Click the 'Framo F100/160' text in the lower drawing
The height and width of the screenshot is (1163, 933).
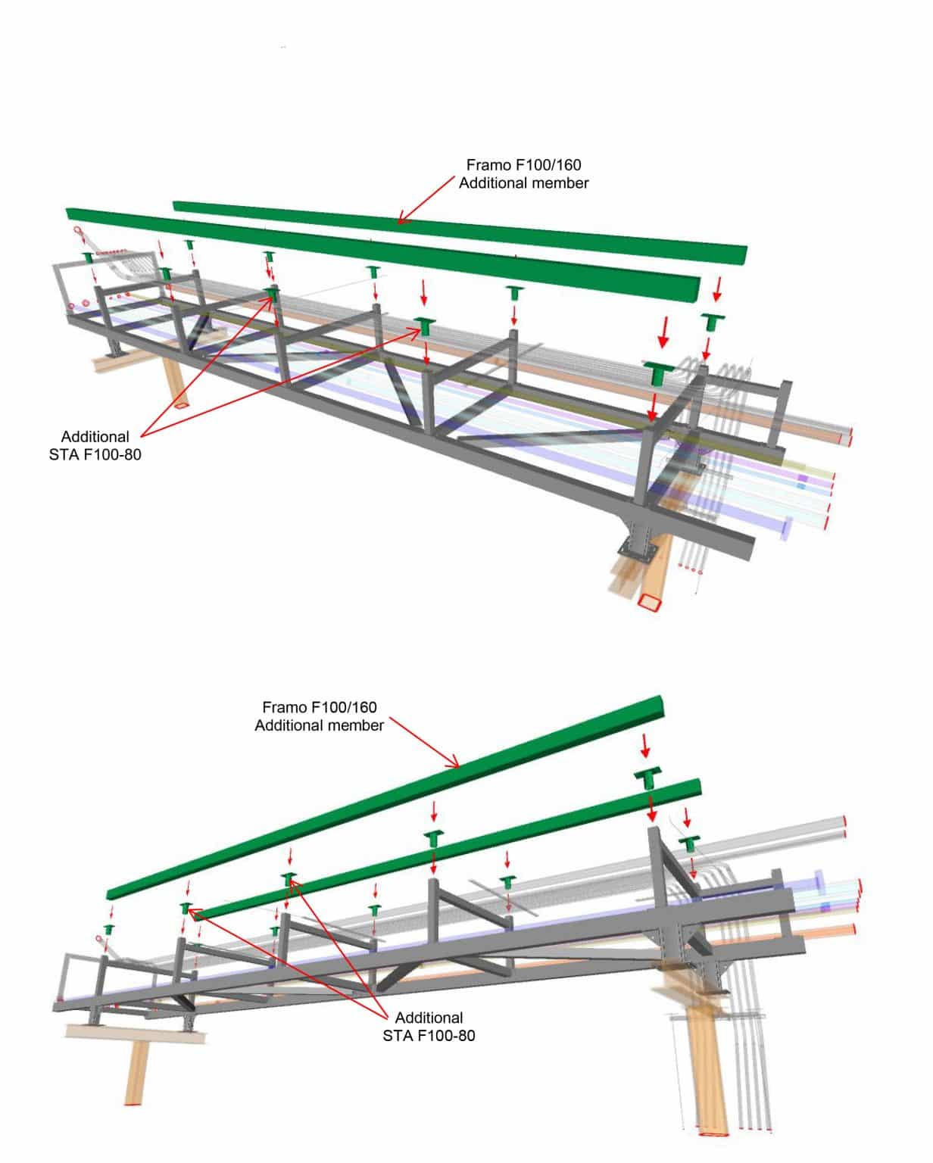(319, 707)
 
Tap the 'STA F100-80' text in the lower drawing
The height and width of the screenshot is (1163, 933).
(429, 1036)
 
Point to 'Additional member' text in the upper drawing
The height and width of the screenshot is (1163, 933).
(523, 183)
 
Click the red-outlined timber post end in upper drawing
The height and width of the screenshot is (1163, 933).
(649, 603)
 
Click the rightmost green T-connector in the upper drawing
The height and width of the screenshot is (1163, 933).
(712, 320)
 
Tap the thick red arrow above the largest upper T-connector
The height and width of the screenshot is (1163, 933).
(664, 332)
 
